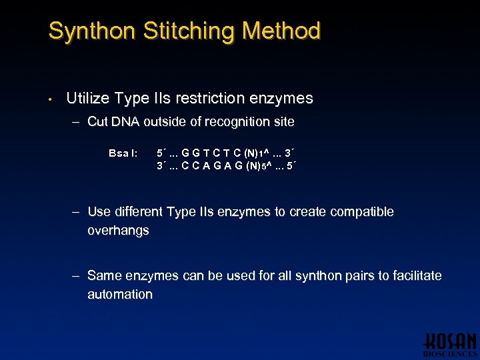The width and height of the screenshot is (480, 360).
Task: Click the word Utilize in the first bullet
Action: click(89, 99)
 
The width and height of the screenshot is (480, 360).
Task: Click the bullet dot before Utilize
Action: click(51, 100)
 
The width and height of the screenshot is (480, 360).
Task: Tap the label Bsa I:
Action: click(123, 153)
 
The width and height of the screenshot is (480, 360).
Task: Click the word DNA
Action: click(125, 121)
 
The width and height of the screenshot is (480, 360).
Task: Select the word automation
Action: click(120, 294)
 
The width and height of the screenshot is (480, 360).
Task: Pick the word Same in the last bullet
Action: click(103, 275)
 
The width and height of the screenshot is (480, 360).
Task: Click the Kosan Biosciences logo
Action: click(449, 343)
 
